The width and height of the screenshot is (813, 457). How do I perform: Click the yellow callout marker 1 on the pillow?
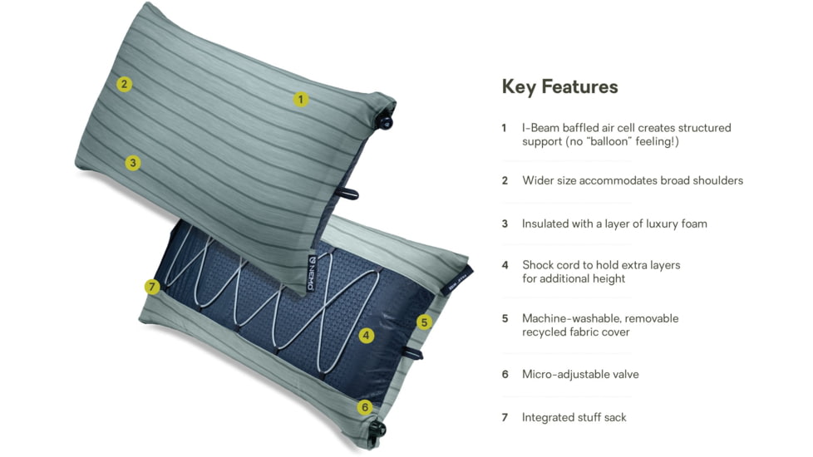301,99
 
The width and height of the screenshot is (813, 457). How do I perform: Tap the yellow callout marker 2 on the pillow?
124,83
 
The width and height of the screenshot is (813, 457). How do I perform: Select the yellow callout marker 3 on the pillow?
133,163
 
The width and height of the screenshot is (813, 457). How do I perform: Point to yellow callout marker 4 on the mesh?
367,336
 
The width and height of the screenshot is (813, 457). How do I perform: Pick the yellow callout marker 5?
425,322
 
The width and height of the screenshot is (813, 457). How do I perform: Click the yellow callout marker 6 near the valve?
365,407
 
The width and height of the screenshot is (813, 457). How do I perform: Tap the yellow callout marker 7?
151,287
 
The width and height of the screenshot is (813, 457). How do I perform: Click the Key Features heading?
559,86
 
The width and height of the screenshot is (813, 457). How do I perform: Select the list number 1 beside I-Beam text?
504,128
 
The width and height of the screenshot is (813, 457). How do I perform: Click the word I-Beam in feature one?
540,128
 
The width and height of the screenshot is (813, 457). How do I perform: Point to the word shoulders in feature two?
716,180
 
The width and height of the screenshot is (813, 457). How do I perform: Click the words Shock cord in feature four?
553,265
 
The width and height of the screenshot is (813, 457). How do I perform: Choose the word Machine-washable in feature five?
571,318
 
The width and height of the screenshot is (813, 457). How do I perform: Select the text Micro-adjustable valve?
580,374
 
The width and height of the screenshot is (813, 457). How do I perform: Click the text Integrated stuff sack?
574,417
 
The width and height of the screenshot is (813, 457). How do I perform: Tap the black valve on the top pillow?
386,121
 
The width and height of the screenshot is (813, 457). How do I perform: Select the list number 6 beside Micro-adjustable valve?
505,374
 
